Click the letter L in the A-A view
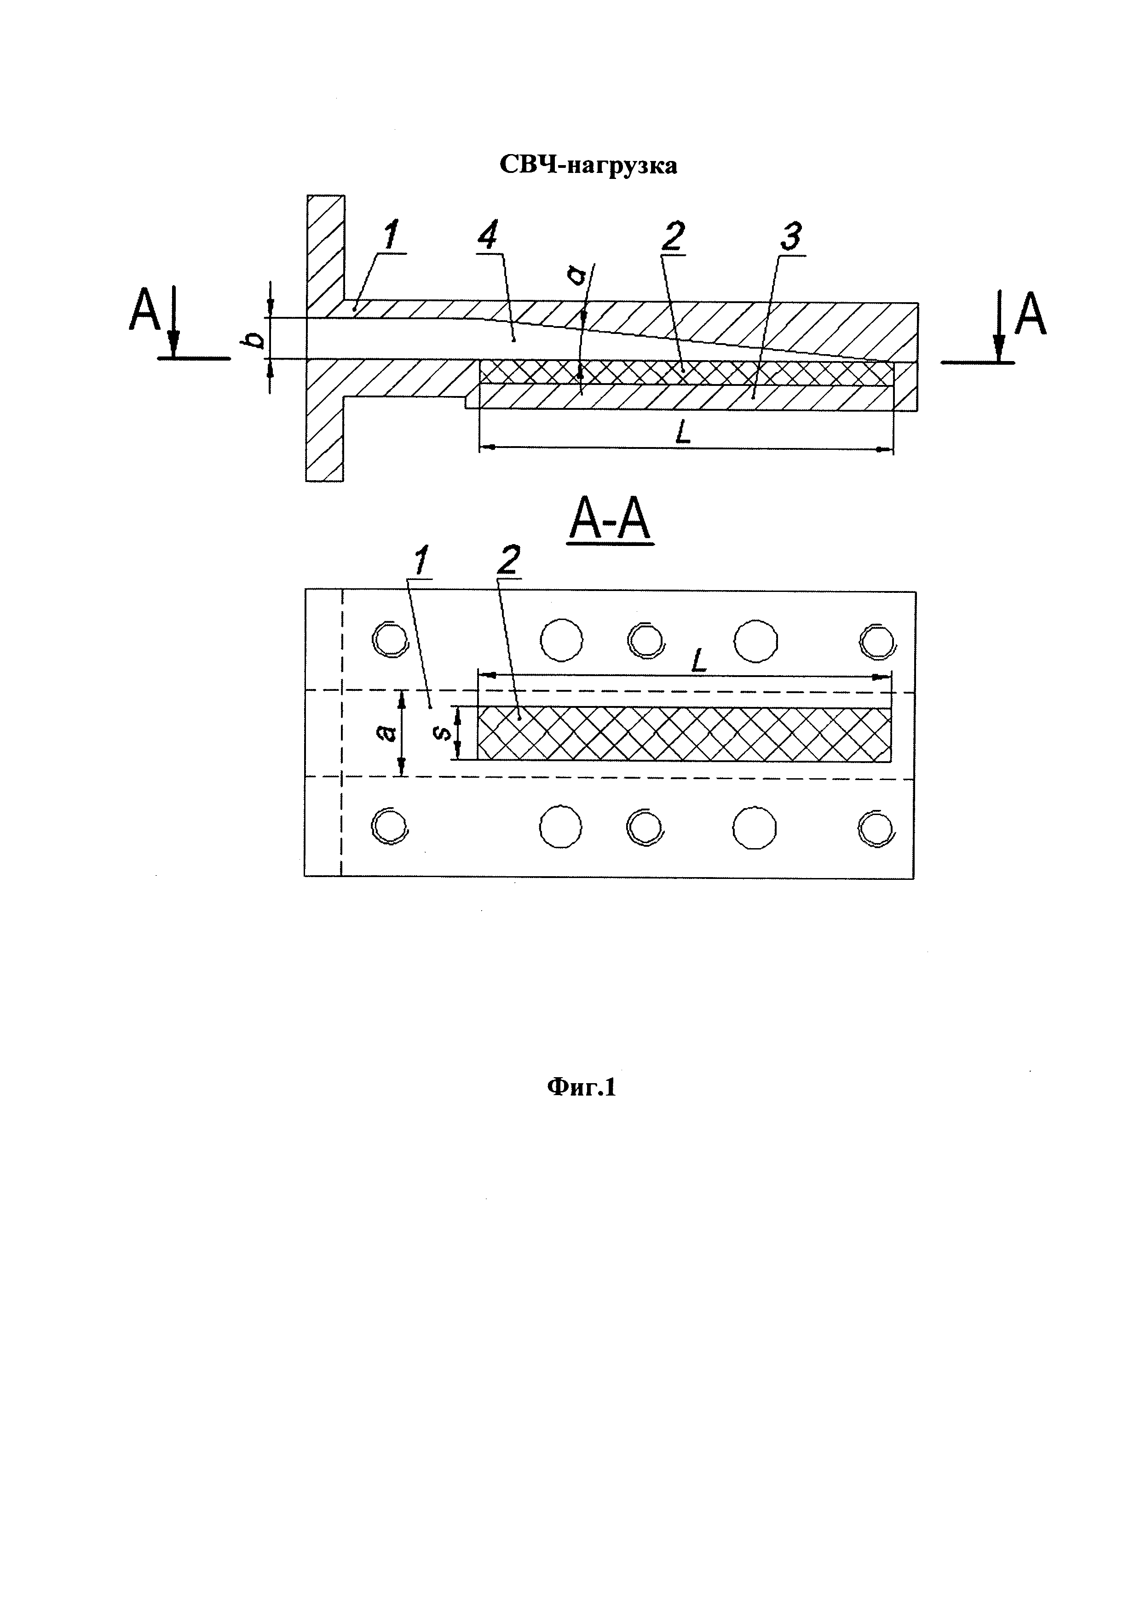(698, 661)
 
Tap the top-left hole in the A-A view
(390, 640)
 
